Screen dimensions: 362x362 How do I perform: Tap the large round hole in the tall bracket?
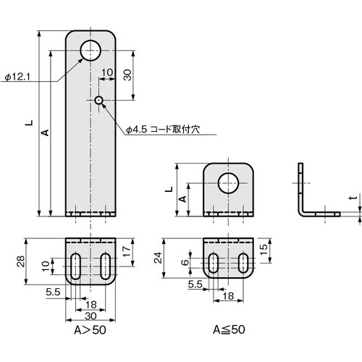click(91, 51)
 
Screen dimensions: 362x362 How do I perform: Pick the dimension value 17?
click(127, 251)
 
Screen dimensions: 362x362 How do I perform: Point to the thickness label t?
click(351, 198)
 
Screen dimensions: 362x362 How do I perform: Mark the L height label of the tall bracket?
click(29, 123)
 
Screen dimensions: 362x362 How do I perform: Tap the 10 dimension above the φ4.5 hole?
click(106, 72)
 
